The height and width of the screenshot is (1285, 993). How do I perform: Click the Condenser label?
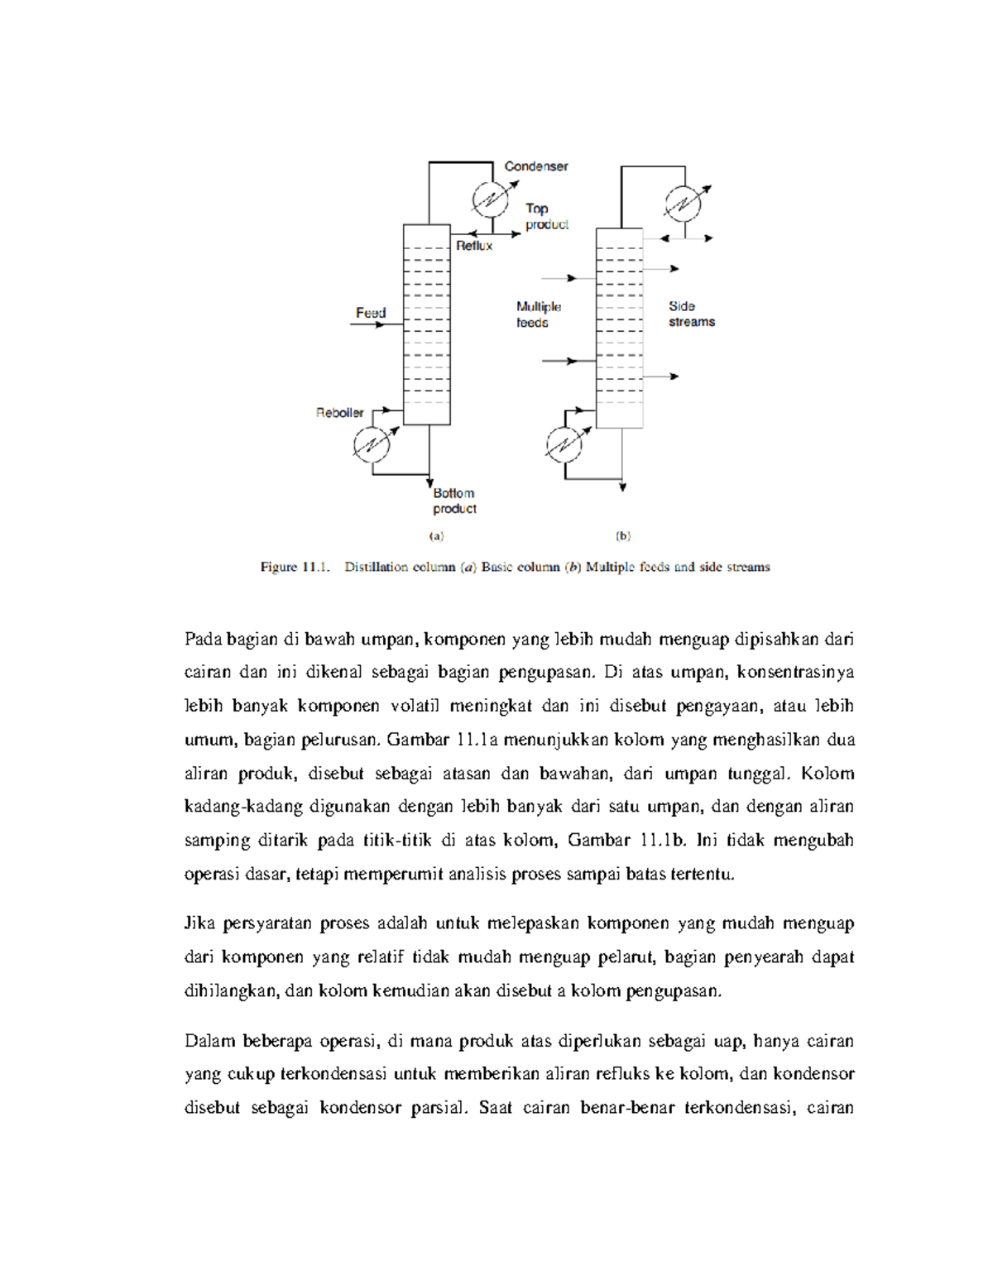536,166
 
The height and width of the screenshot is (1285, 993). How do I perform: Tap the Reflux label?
474,246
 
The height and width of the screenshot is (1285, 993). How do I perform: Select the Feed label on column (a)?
371,313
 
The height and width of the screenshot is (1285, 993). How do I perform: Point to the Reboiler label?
339,413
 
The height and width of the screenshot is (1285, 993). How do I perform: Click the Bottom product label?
454,501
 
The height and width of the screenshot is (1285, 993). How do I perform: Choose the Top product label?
546,216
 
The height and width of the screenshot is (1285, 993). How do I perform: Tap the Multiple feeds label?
538,314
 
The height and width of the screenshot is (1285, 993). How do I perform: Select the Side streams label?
691,314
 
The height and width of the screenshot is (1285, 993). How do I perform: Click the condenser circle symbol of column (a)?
491,199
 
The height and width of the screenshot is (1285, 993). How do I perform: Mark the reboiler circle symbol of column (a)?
372,445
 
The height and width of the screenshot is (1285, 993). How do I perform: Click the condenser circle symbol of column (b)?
684,203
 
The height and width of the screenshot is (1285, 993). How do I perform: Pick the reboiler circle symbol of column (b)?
564,444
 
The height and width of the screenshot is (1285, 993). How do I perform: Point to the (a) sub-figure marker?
436,536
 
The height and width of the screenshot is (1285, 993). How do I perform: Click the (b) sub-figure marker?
623,536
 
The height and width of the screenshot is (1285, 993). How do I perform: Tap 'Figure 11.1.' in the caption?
295,567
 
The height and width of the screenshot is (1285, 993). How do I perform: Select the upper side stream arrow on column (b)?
661,269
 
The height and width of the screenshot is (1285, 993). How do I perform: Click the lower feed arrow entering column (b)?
560,361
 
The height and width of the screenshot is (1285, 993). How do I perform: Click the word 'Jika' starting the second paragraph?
199,923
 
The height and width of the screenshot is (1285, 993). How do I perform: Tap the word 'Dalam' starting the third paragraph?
209,1041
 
